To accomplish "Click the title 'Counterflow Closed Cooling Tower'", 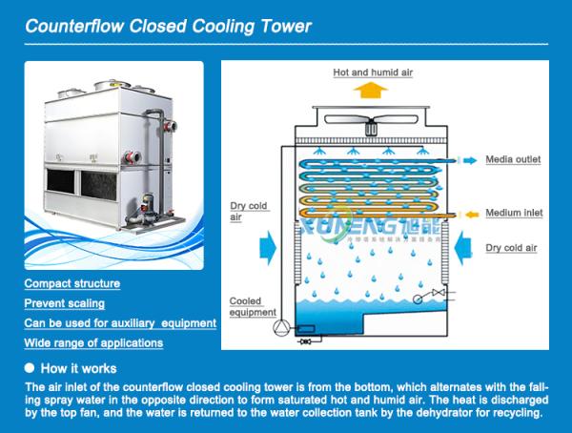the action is click(168, 27).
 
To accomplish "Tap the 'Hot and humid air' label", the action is click(373, 72).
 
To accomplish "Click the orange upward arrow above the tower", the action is click(370, 91).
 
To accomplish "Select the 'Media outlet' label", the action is click(513, 159).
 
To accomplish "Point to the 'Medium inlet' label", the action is click(514, 213).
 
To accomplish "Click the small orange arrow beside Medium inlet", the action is click(472, 215).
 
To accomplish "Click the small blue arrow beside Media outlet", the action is click(470, 160).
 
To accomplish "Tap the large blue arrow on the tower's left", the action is click(268, 248).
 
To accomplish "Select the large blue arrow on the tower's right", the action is click(463, 248).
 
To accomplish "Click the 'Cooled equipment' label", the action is click(253, 307).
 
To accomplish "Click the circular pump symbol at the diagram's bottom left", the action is click(281, 327).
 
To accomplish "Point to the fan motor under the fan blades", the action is click(371, 130).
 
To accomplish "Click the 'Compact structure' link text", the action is click(72, 283).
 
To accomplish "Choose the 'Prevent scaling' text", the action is click(65, 303).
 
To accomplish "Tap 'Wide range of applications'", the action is click(93, 343).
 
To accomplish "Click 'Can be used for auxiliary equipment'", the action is click(120, 323).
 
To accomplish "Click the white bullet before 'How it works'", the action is click(30, 368).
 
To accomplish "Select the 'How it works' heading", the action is click(78, 368).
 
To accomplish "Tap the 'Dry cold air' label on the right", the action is click(511, 248).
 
